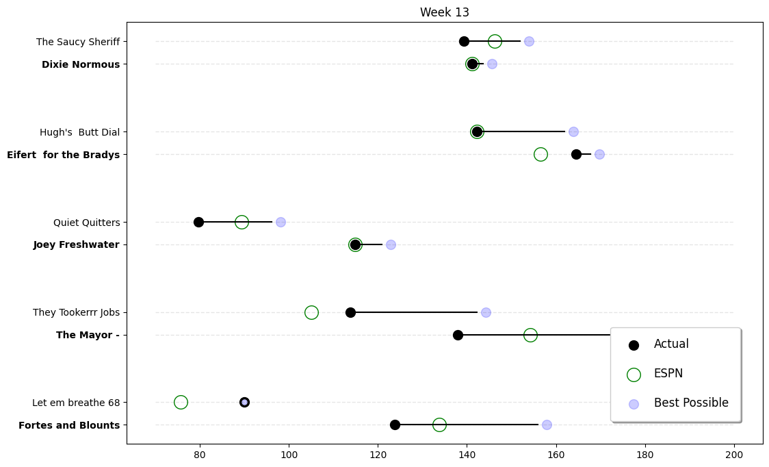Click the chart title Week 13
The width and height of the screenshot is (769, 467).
[444, 12]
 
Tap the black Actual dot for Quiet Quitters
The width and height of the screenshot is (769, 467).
[198, 222]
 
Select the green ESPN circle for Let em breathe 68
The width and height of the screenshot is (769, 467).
[181, 402]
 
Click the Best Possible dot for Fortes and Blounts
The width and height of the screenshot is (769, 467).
[547, 425]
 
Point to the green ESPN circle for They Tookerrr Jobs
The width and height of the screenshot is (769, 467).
[311, 312]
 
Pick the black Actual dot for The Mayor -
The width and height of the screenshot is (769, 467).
[458, 335]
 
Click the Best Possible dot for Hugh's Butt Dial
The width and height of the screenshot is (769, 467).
[573, 131]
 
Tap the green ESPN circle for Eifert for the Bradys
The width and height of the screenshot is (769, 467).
[540, 154]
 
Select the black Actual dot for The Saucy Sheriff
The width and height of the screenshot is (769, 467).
[464, 41]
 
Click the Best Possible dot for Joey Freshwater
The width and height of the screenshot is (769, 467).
[391, 244]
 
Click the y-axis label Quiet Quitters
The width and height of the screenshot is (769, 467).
[86, 223]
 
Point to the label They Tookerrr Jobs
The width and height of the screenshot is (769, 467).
[76, 312]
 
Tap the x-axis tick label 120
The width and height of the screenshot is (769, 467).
[378, 453]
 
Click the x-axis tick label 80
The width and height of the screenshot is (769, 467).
[200, 453]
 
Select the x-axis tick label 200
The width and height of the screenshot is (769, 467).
[734, 453]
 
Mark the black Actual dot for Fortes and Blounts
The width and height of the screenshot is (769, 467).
[395, 425]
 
